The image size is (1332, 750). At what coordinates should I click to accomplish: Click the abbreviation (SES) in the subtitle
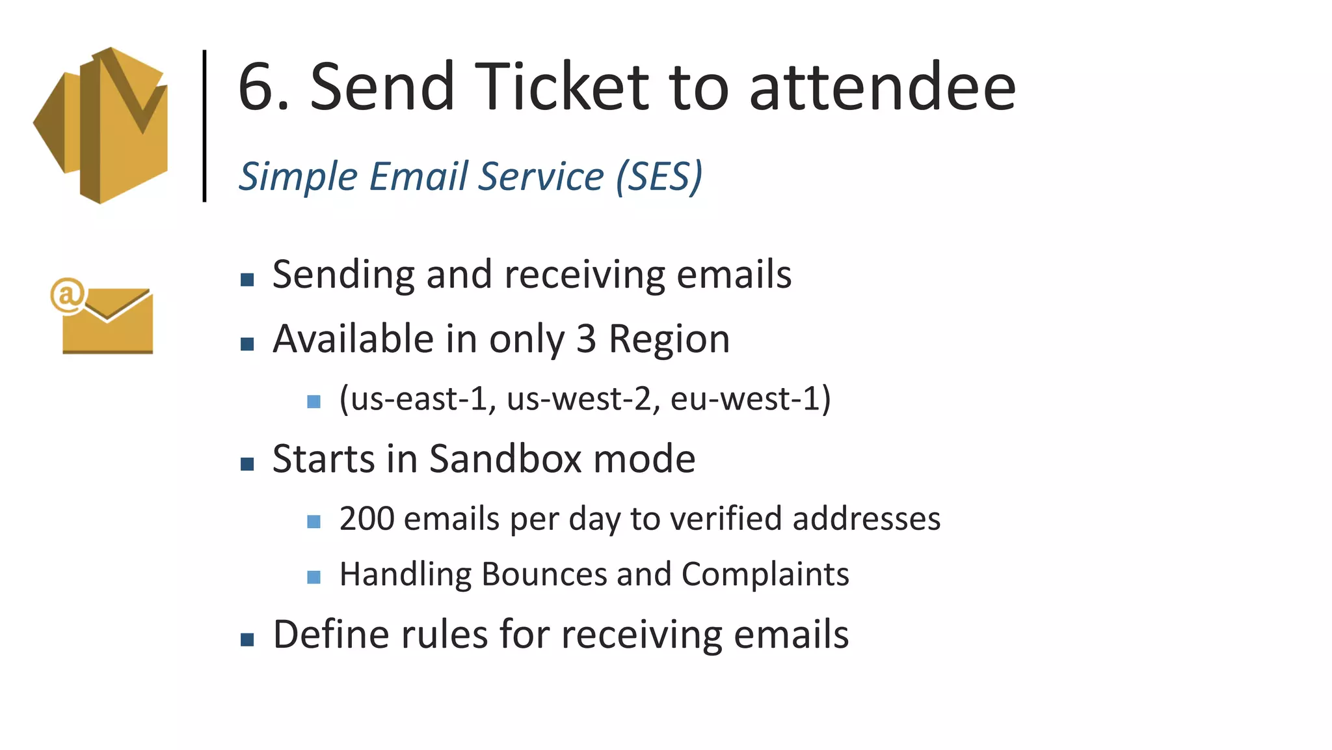pos(659,176)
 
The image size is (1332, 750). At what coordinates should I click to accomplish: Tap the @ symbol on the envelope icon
pos(68,295)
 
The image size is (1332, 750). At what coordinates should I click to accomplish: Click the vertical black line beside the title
pos(205,126)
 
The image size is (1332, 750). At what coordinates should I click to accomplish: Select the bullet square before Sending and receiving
pos(247,280)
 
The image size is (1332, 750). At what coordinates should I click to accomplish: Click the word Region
pos(669,339)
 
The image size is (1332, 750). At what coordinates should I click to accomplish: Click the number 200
pos(367,519)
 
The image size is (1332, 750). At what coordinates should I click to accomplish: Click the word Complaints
pos(765,574)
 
